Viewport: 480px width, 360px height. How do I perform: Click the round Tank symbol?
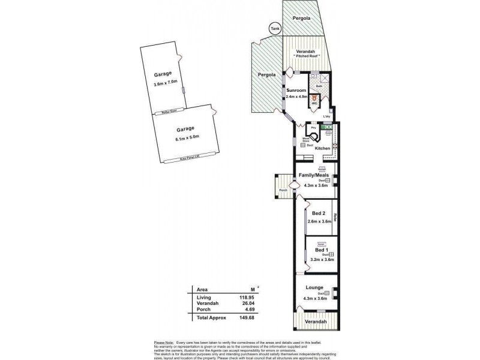(275, 28)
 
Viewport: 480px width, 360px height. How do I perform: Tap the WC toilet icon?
(313, 95)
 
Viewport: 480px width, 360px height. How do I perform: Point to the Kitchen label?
(323, 148)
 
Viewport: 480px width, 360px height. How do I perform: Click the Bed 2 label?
(319, 214)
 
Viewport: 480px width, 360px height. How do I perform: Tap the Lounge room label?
(314, 287)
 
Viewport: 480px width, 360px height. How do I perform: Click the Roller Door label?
(163, 111)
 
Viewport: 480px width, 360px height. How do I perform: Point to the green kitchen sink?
(328, 127)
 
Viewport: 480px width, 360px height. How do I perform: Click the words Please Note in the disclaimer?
(164, 341)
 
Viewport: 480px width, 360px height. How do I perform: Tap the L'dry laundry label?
(327, 116)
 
